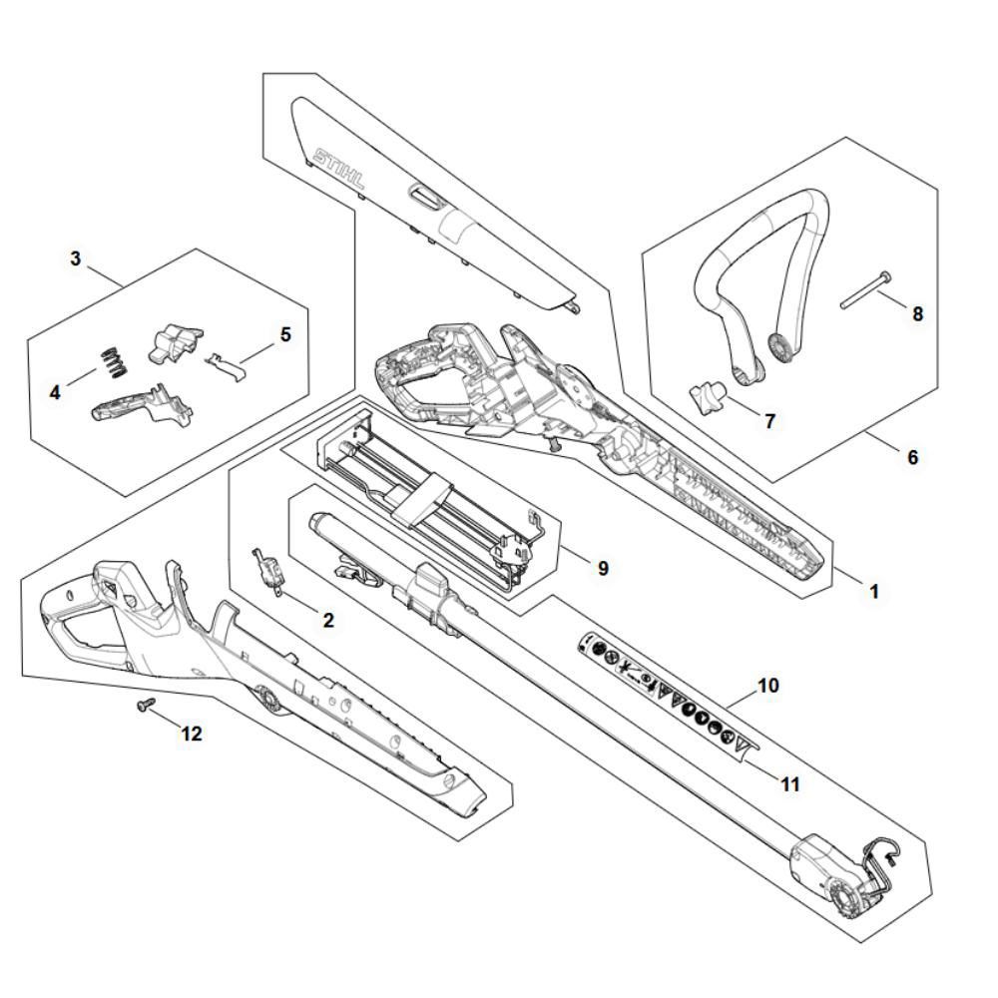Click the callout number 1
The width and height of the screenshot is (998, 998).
coord(873,591)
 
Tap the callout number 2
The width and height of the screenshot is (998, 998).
coord(327,620)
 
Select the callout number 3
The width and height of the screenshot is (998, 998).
coord(76,258)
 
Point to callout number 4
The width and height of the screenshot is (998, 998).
coord(55,392)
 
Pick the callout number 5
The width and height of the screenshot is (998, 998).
coord(285,334)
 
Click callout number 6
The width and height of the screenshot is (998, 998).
coord(912,457)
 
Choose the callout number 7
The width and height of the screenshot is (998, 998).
coord(769,421)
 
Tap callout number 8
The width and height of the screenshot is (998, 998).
coord(917,313)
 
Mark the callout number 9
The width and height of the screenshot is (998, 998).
coord(602,568)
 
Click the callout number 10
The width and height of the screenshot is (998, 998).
coord(768,686)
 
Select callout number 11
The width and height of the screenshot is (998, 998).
coord(789,784)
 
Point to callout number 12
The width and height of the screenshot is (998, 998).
coord(191,734)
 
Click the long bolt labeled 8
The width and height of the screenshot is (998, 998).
coord(864,290)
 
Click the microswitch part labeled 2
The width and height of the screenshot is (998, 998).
coord(268,570)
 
